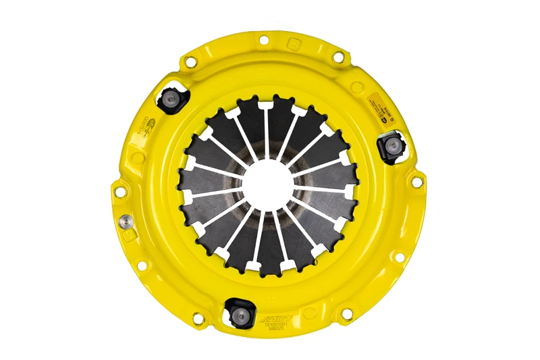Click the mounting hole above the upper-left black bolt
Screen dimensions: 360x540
[192, 63]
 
